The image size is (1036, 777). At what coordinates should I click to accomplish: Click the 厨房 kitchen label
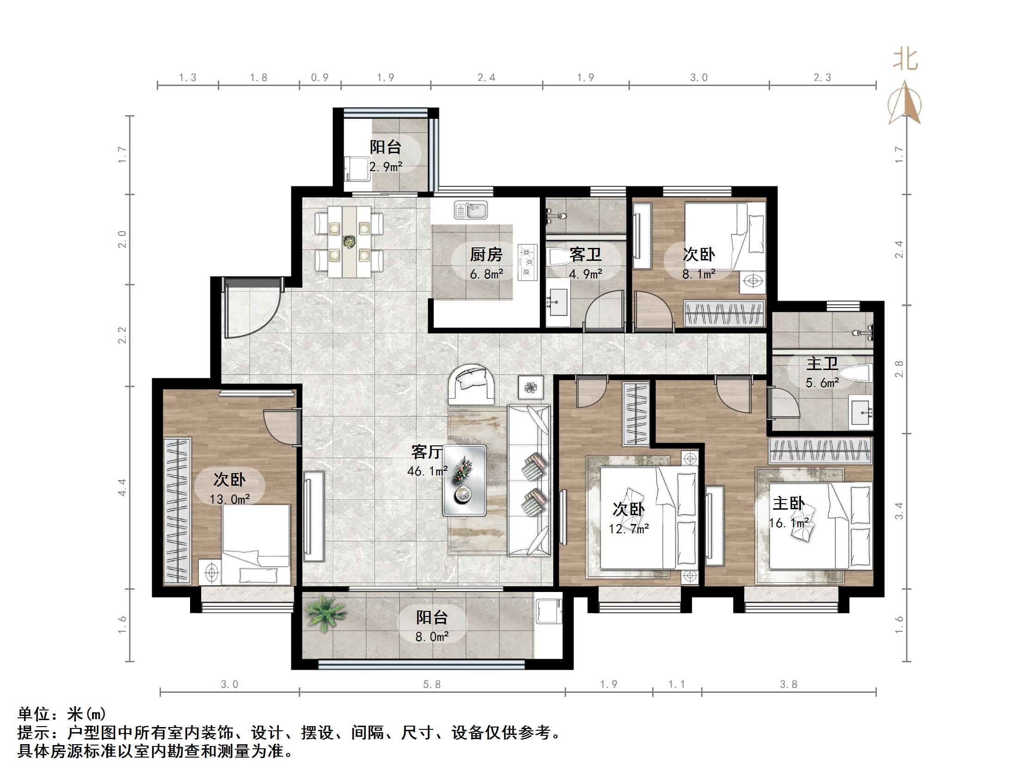pos(486,255)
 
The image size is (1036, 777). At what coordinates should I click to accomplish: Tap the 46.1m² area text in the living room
pos(427,471)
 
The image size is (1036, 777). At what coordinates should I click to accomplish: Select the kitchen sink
pos(471,210)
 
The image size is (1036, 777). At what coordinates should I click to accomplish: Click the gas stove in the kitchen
pos(527,263)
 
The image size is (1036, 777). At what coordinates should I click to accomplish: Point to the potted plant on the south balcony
pos(324,614)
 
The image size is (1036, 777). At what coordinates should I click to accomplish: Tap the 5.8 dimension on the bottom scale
pos(432,684)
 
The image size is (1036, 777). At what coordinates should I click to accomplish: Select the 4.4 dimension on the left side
pos(122,487)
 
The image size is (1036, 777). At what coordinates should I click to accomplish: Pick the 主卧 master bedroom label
pos(788,504)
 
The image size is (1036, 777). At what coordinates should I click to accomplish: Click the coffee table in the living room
pos(464,480)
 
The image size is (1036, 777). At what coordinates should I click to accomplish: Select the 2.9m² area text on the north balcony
pos(386,167)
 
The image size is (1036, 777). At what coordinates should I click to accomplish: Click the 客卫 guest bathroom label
pos(586,255)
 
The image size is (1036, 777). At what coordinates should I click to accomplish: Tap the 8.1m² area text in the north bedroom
pos(698,274)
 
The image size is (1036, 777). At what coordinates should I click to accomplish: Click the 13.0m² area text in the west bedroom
pos(229,499)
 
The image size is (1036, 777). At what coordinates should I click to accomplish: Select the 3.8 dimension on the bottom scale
pos(788,684)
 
